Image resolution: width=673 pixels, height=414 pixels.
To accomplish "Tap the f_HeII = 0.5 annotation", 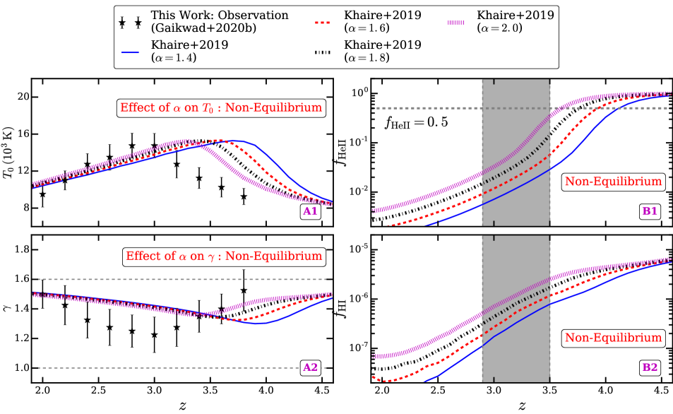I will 417,122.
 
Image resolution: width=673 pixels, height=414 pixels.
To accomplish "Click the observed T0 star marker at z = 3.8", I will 244,198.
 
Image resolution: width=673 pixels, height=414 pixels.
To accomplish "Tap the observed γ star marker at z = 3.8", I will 244,290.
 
